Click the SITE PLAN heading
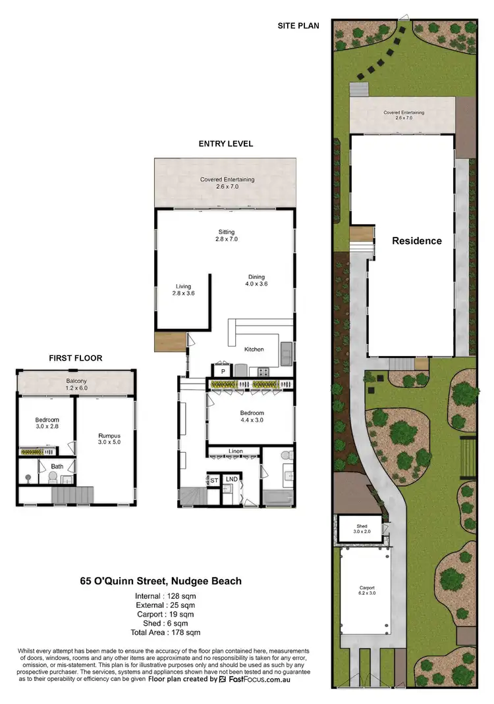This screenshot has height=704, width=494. click(x=298, y=26)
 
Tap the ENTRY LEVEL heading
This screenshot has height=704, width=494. click(x=225, y=143)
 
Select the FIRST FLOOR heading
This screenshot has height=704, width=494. click(x=75, y=358)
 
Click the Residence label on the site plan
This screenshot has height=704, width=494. click(x=417, y=241)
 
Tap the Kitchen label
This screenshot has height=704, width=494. click(x=254, y=349)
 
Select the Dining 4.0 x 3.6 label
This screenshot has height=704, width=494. click(x=258, y=280)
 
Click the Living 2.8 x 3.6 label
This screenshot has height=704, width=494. click(x=183, y=290)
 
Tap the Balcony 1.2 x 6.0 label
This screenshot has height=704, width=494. click(x=76, y=384)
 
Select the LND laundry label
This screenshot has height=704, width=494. click(x=231, y=480)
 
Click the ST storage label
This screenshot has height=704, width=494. click(x=213, y=480)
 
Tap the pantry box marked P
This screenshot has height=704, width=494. click(x=222, y=370)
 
